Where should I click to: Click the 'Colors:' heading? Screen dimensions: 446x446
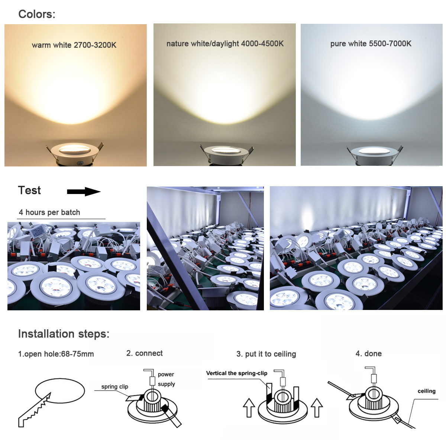pos(37,14)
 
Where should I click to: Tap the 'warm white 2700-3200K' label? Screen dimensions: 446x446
pos(74,45)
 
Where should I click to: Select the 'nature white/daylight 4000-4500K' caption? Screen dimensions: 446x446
pos(225,43)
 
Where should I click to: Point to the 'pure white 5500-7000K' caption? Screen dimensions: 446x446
pos(371,43)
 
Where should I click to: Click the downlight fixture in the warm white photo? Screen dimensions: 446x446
pos(74,153)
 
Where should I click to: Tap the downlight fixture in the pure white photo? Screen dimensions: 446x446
pos(374,155)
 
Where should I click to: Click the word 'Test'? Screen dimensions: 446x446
pos(29,190)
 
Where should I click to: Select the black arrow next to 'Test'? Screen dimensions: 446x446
pos(84,191)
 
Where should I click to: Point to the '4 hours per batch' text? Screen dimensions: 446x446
pos(49,212)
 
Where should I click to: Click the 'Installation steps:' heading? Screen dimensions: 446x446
pos(64,334)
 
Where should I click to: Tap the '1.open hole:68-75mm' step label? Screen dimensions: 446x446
pos(56,354)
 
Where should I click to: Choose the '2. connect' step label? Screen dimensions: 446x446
pos(145,353)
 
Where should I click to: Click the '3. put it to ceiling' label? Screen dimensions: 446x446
pos(266,354)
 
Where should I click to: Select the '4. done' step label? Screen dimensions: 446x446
pos(368,353)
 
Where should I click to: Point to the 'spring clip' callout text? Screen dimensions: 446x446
pos(114,387)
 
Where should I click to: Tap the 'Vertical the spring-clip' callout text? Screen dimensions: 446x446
pos(236,373)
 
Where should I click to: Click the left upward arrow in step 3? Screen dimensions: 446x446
pos(249,408)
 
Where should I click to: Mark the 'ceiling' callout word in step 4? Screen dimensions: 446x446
pos(426,391)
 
